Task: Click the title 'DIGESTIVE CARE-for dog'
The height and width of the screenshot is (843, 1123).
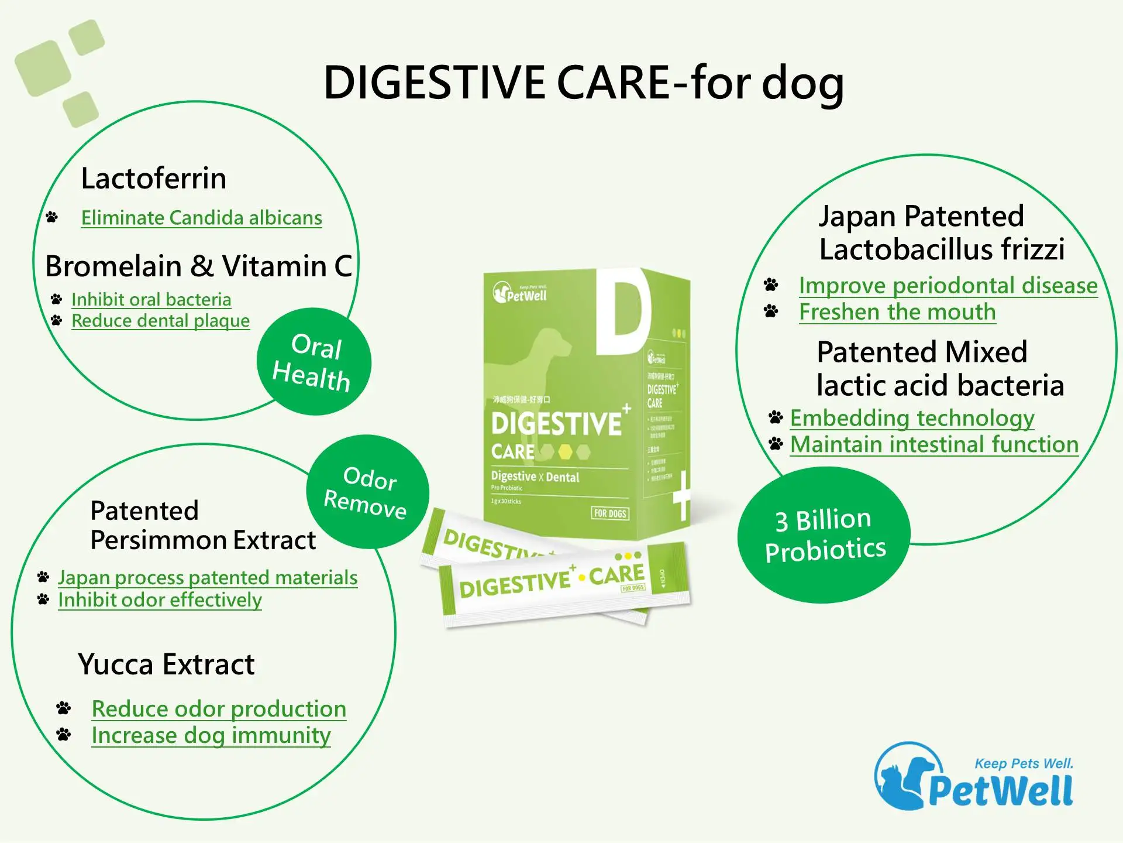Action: coord(584,83)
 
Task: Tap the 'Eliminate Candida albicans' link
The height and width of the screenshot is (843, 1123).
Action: coord(201,218)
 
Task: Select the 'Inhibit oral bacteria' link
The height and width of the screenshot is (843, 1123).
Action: coord(151,299)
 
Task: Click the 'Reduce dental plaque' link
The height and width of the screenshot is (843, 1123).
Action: coord(160,321)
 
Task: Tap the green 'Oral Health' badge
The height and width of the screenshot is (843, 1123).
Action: coord(314,361)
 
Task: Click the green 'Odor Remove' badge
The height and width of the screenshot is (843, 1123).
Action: coord(367,492)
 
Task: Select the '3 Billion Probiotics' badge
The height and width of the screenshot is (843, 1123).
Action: coord(824,535)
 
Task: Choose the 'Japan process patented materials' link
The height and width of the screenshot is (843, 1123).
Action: coord(208,577)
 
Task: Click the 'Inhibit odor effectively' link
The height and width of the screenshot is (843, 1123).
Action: coord(160,600)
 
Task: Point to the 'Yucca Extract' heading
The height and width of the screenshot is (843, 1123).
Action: coord(166,664)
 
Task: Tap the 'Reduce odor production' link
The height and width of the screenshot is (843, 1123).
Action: coord(219,709)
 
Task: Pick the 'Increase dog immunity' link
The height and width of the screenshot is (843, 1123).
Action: coord(211,735)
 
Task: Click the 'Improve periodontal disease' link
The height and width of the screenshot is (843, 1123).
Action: coord(948,286)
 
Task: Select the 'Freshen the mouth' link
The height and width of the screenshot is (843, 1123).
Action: coord(897,312)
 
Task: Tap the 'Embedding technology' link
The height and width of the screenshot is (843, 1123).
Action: coord(912,418)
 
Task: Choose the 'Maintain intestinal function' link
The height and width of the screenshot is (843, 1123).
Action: coord(934,444)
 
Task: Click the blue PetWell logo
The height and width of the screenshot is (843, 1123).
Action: coord(974,777)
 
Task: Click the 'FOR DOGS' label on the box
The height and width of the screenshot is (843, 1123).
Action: coord(610,513)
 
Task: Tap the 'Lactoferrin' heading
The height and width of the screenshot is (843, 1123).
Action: coord(153,178)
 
